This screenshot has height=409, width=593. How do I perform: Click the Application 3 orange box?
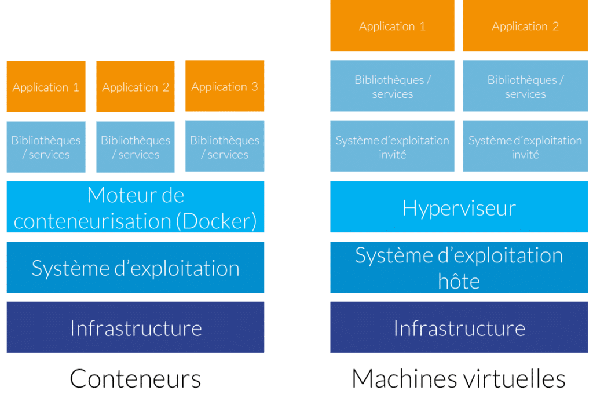click(x=225, y=86)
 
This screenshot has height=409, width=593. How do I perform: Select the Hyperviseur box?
click(x=459, y=207)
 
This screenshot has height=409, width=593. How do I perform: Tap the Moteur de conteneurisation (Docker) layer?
click(x=136, y=207)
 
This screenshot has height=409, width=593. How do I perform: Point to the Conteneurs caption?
click(x=136, y=379)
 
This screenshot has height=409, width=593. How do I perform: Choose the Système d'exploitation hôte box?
click(x=459, y=268)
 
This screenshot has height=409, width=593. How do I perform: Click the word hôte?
click(x=459, y=282)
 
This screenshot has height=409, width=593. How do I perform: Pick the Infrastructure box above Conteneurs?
click(x=136, y=328)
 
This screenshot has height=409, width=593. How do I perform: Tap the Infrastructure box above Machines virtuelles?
click(x=459, y=328)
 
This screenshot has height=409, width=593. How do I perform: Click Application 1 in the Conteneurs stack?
click(x=46, y=87)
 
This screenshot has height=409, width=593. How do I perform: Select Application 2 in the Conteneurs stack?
click(x=136, y=87)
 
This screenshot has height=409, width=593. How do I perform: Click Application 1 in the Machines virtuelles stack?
click(x=392, y=26)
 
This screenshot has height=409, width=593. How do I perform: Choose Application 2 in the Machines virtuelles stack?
click(x=525, y=26)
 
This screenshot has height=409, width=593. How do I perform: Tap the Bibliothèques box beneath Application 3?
click(x=225, y=147)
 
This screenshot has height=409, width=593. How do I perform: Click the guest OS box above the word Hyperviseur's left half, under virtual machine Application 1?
click(x=392, y=147)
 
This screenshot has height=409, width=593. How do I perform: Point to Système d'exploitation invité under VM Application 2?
click(x=525, y=147)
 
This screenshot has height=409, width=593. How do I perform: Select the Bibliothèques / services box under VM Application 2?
click(x=525, y=87)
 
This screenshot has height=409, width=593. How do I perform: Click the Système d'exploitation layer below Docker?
click(x=136, y=268)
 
